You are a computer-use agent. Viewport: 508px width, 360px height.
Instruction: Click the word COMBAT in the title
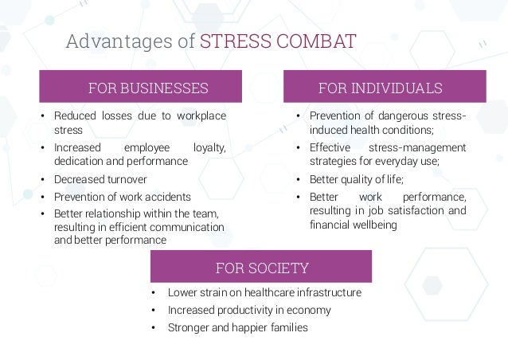click(315, 41)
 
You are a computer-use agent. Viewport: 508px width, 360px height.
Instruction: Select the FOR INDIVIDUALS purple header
click(385, 87)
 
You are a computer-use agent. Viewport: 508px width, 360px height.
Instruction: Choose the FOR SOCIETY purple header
click(262, 267)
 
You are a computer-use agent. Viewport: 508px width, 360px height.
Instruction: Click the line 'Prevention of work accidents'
click(122, 196)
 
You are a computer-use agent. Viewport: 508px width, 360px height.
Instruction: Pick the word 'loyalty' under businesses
click(209, 148)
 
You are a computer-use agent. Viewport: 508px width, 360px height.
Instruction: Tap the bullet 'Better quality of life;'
click(357, 178)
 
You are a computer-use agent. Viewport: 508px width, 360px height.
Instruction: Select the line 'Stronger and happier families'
click(237, 327)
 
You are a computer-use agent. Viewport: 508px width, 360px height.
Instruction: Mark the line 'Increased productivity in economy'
click(249, 310)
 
